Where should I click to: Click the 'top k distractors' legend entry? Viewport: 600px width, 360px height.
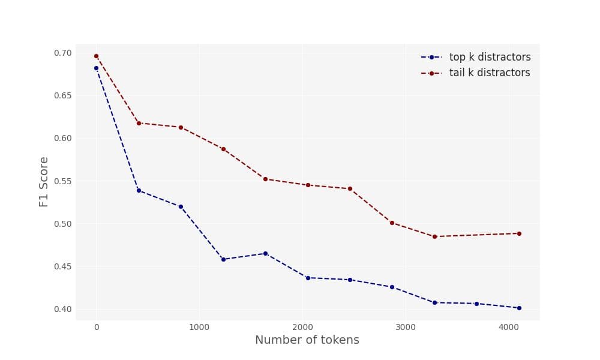pos(490,58)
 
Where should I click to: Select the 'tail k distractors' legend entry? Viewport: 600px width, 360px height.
pos(489,73)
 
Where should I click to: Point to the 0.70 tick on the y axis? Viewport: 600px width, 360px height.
pos(62,53)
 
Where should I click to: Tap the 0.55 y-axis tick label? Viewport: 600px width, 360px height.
pos(62,181)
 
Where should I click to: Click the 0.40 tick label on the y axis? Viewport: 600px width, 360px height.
pos(62,309)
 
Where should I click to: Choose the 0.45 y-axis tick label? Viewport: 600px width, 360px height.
pos(62,266)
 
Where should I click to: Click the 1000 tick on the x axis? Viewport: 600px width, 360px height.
pos(199,328)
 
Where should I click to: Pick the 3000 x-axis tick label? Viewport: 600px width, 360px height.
pos(406,328)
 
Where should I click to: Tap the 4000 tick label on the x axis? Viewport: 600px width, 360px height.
pos(509,328)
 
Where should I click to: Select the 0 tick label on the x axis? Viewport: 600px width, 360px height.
pos(96,328)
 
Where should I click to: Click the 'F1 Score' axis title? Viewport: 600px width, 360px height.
pos(44,182)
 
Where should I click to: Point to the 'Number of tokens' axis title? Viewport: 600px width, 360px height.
pos(307,340)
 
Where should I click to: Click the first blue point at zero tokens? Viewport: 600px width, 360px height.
pos(96,68)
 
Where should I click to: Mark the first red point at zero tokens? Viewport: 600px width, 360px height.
pos(96,56)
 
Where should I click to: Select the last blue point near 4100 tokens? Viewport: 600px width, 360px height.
pos(519,308)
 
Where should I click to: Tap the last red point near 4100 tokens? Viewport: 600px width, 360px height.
pos(519,233)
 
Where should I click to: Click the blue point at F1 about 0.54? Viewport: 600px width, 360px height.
pos(139,190)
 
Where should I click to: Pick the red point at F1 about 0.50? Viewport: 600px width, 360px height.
pos(392,223)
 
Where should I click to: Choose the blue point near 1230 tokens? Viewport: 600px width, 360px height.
pos(223,259)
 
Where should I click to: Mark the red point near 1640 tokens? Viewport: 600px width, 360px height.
pos(265,179)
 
